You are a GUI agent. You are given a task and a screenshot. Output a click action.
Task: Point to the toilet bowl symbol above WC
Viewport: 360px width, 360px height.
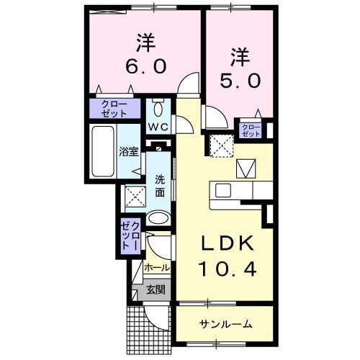point(159,111)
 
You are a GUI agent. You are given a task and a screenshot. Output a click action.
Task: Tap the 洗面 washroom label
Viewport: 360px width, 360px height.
point(159,186)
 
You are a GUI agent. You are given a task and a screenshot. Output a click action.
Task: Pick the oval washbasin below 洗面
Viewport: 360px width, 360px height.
point(158,217)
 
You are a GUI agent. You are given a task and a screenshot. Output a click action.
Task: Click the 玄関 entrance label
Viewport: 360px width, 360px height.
point(155,291)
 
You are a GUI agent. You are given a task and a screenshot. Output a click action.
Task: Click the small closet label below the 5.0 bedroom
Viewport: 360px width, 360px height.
point(251,130)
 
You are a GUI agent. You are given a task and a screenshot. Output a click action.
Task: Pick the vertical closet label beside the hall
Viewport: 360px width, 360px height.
point(131,235)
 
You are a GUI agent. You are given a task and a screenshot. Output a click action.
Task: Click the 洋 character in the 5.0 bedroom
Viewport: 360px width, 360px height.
point(240,54)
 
